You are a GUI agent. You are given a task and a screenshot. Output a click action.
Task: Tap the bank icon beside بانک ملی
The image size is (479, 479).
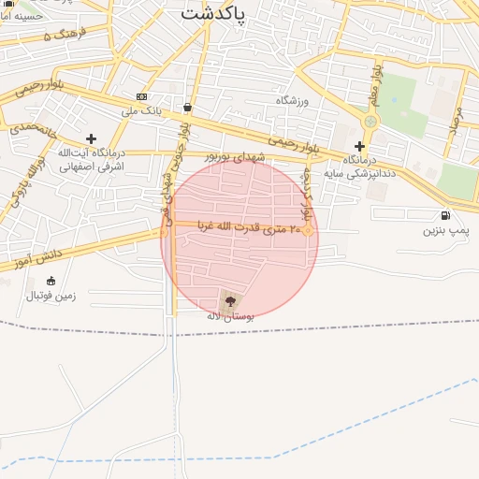coord(141,96)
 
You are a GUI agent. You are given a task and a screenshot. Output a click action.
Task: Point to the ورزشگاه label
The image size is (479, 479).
coord(292,99)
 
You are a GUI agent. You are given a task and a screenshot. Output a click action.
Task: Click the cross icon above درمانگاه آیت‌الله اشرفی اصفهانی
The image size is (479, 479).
coord(91,138)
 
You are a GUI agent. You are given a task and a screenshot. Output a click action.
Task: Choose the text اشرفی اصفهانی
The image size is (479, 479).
coord(91,167)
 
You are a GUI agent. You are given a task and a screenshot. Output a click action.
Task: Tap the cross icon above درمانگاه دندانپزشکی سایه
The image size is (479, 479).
coord(359,146)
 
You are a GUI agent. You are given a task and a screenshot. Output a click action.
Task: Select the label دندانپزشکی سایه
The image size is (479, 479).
coord(361,173)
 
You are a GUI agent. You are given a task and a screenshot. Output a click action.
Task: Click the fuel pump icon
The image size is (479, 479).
coord(432,215)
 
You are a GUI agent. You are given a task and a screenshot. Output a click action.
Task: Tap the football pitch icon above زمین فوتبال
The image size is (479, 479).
coord(51,281)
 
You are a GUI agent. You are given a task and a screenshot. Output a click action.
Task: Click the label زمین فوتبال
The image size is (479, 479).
coord(48,296)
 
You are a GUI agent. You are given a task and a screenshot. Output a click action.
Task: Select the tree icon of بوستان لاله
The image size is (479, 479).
coord(230,300)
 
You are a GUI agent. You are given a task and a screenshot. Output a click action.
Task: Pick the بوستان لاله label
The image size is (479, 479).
coord(229,317)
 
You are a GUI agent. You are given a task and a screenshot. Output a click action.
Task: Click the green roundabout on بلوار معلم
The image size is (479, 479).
coord(371,121)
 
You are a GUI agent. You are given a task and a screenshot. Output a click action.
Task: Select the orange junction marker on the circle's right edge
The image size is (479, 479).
coord(307,229)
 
